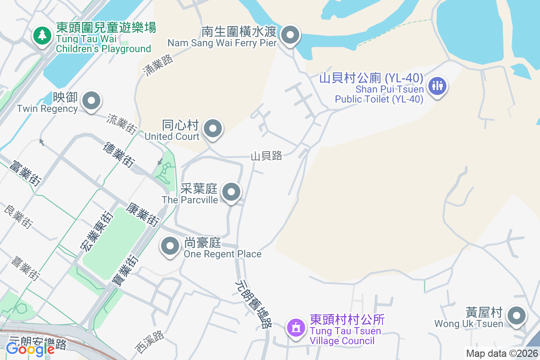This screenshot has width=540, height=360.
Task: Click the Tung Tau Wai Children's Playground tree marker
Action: coord(42,35)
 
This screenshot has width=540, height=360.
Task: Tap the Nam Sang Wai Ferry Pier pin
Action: coord(290,35)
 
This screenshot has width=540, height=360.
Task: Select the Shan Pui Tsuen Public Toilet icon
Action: coord(437,85)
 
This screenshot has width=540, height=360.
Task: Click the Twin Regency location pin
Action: coord(92,101)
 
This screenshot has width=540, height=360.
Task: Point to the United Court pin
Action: coord(213,129)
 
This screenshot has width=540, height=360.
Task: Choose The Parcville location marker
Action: coord(232,193)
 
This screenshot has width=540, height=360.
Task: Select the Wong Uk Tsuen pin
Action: coord(516,316)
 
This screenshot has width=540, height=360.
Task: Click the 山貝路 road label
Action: coord(266,156)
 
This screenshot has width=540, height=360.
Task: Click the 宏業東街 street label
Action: coord(94,230)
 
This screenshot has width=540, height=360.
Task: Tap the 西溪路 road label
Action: coord(150,342)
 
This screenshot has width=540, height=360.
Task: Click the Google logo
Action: coord(30,349)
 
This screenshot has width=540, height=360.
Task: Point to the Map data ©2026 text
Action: coord(502,354)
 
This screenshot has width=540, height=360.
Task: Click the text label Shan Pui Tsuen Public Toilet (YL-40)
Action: coord(379,88)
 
